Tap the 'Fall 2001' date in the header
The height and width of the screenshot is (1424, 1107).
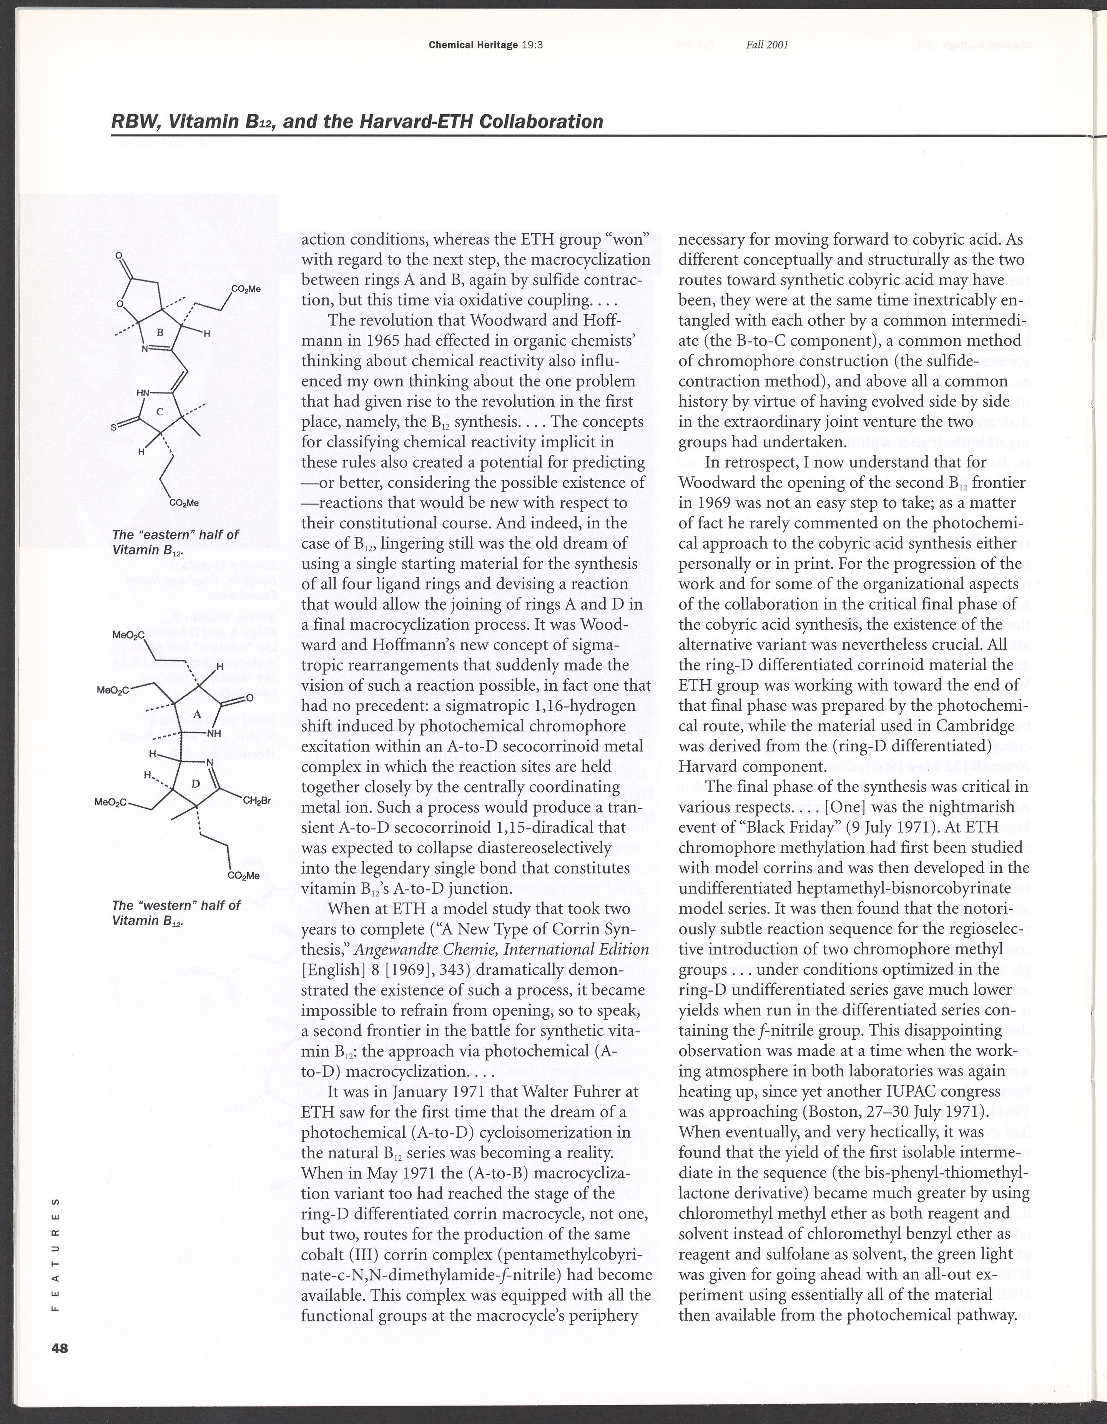click(767, 45)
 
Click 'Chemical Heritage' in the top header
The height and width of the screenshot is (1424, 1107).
click(473, 45)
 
